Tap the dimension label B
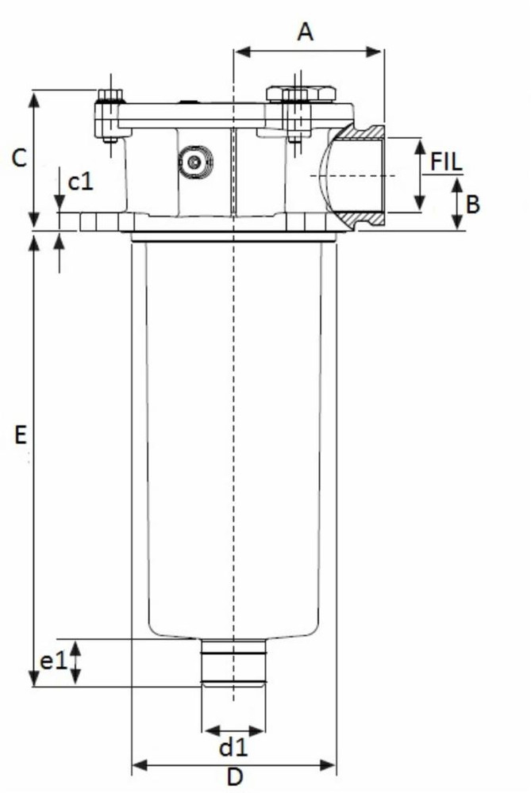pyautogui.click(x=472, y=204)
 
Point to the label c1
pyautogui.click(x=80, y=182)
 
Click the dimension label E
pyautogui.click(x=21, y=434)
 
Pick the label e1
pyautogui.click(x=53, y=661)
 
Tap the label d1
pyautogui.click(x=233, y=747)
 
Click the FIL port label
pyautogui.click(x=447, y=161)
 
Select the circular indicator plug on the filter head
pyautogui.click(x=194, y=161)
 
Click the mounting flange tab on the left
pyautogui.click(x=97, y=220)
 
